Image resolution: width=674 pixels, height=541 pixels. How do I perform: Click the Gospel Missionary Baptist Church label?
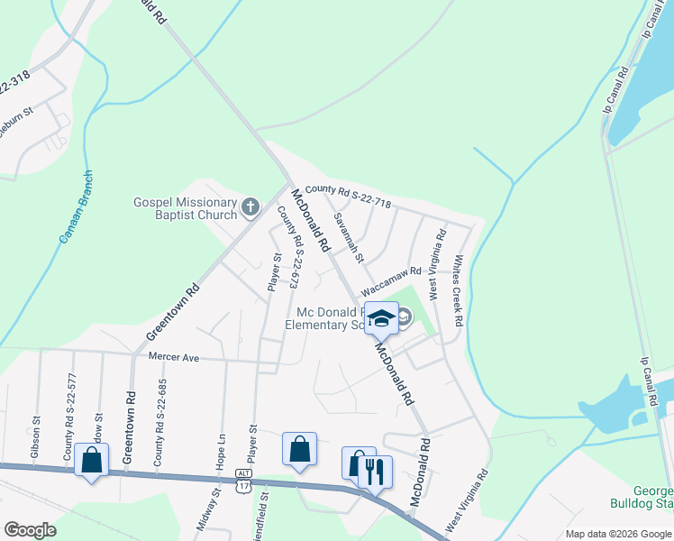[x=185, y=209]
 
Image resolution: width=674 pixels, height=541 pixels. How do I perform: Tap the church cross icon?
[x=251, y=209]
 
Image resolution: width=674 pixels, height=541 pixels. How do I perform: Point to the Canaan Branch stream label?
[x=77, y=208]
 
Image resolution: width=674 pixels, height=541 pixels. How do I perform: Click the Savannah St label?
[x=347, y=238]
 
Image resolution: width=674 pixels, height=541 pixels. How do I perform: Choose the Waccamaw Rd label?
[x=391, y=280]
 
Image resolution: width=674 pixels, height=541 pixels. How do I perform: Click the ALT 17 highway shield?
[x=242, y=481]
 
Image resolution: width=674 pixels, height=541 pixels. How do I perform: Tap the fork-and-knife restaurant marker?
[x=375, y=470]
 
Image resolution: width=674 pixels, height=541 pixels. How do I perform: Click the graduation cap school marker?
[x=381, y=317]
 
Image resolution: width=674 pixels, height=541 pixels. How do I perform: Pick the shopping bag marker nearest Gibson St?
[x=92, y=460]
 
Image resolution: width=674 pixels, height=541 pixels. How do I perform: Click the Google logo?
[x=30, y=530]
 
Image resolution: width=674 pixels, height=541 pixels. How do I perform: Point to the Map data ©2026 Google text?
[x=617, y=534]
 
